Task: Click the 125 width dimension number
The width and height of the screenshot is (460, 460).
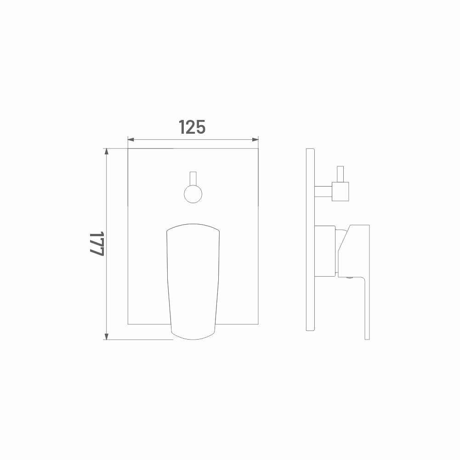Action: point(192,127)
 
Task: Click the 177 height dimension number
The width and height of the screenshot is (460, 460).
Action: point(97,244)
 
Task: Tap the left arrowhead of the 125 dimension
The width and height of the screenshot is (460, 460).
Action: point(131,139)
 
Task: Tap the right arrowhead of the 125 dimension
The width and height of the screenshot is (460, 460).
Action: point(255,139)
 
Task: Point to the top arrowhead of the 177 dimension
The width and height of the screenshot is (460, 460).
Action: point(107,151)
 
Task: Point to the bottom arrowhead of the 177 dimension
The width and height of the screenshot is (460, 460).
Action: point(107,336)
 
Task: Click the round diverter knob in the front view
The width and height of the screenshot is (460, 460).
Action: point(193,194)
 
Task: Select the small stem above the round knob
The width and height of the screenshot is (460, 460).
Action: point(193,179)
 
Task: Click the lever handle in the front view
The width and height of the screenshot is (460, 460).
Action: point(193,282)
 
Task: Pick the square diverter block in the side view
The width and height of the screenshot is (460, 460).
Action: point(341,192)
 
